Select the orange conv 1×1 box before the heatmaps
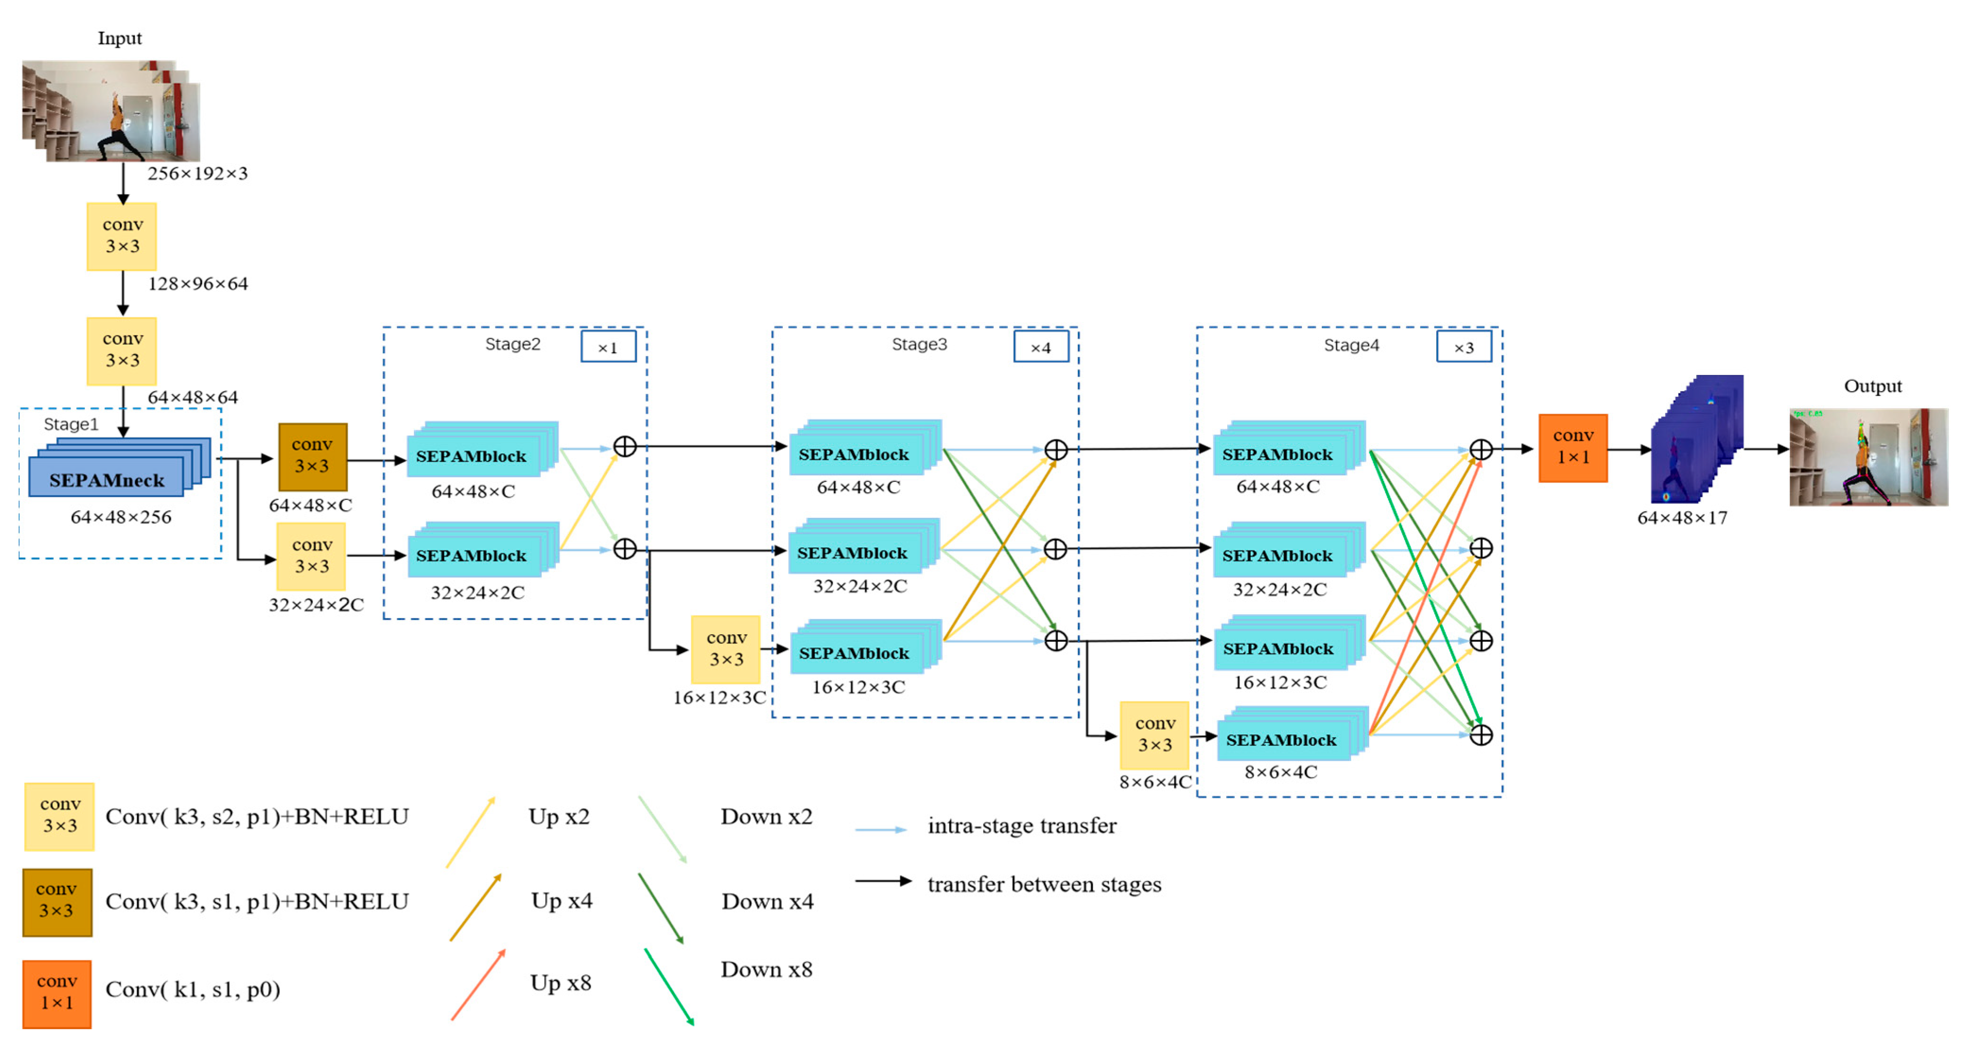pos(1573,448)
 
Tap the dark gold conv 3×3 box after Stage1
pos(312,456)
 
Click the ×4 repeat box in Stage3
pos(1041,347)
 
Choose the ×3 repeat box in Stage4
pos(1463,347)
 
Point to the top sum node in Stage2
pos(624,447)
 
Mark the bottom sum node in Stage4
pos(1481,735)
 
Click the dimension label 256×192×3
pos(197,174)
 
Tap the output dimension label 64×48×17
pos(1682,518)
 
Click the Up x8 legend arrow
pos(478,985)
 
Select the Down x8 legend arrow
pos(669,986)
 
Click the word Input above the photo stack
pos(120,38)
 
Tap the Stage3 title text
pos(919,344)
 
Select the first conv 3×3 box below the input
pos(122,236)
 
